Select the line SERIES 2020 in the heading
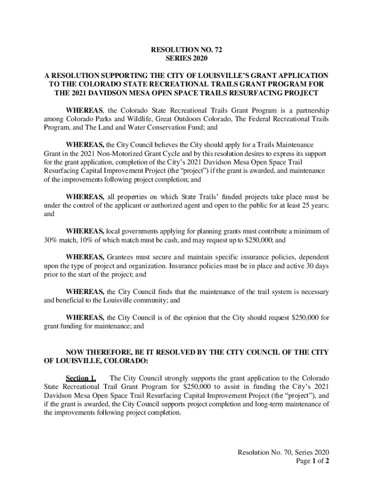(186, 58)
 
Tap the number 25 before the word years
(299, 206)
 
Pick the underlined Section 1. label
(81, 378)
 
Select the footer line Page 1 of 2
(313, 461)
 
